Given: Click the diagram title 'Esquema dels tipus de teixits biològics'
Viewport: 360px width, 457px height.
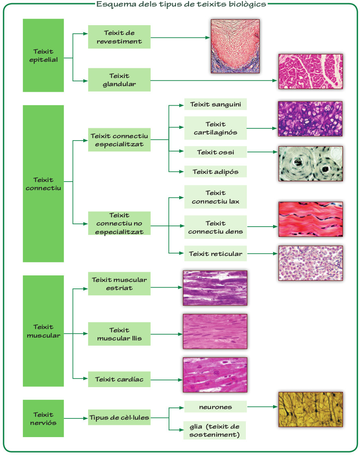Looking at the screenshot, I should tap(181, 4).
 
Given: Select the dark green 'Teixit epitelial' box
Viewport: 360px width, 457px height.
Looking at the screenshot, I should tap(43, 56).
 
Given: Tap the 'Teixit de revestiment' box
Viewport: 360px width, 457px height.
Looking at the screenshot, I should tap(119, 37).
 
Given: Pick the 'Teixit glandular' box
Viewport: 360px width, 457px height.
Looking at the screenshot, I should tap(119, 80).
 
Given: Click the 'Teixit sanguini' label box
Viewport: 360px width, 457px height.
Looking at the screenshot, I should tap(215, 104).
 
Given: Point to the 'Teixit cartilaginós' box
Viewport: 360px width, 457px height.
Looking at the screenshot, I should tap(215, 128).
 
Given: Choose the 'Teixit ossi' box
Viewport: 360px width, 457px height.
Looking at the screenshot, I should tap(215, 152).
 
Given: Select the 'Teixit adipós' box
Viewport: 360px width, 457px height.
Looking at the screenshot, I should tap(215, 172).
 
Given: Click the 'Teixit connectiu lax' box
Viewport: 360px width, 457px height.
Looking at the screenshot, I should tap(215, 197).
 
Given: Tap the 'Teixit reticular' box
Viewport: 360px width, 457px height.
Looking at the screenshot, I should tap(215, 254).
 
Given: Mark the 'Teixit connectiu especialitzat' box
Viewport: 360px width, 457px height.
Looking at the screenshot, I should tap(119, 140).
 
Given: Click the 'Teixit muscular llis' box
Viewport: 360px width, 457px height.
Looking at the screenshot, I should tap(119, 334).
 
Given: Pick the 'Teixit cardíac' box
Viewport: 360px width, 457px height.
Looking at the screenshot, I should tap(119, 379).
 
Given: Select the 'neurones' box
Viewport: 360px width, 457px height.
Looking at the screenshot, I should tap(215, 407).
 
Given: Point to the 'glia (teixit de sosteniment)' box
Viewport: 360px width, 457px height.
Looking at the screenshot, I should tap(215, 430).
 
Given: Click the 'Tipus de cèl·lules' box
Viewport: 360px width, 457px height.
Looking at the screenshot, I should tap(119, 417).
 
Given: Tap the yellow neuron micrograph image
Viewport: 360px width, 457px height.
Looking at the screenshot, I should tap(310, 409).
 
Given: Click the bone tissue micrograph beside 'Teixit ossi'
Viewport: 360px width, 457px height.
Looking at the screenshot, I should tap(310, 164).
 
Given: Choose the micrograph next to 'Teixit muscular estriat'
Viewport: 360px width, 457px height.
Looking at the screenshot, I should tap(215, 288).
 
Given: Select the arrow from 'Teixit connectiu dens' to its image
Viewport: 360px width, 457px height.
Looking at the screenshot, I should tap(262, 227).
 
